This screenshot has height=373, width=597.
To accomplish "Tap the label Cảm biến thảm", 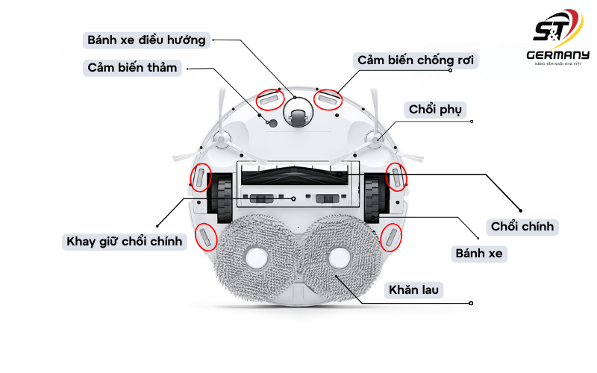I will pyautogui.click(x=133, y=68).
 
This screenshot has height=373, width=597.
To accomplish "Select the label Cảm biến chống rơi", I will pyautogui.click(x=416, y=60).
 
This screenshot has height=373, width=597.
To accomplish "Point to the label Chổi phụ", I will pyautogui.click(x=436, y=110).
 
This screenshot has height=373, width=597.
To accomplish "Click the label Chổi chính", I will pyautogui.click(x=522, y=225).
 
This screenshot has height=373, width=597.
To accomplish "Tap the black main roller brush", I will pyautogui.click(x=298, y=175).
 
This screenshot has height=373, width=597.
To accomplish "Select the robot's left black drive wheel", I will pyautogui.click(x=221, y=197).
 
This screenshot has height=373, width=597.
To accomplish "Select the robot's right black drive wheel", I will pyautogui.click(x=375, y=197).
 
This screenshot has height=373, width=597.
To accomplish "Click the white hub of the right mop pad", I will pyautogui.click(x=340, y=258).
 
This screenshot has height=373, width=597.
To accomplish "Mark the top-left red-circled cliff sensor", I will pyautogui.click(x=270, y=98).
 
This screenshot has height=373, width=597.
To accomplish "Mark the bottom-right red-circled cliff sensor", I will pyautogui.click(x=390, y=237).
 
